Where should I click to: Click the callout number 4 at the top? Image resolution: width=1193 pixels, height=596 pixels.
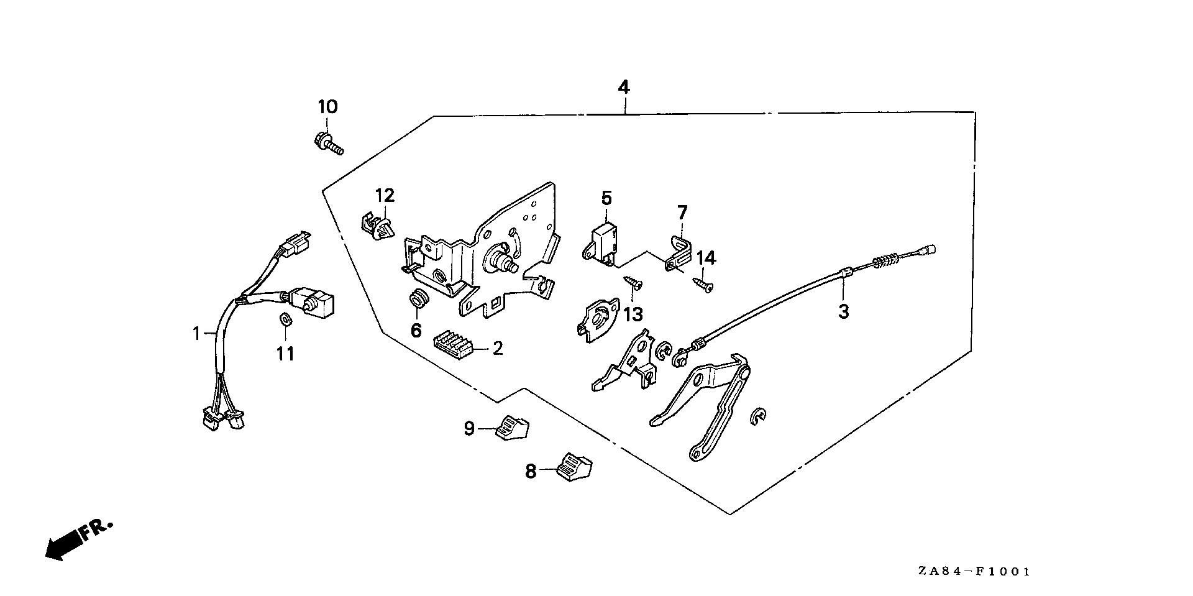[x=623, y=87]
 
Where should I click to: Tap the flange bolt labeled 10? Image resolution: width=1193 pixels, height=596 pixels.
[x=327, y=143]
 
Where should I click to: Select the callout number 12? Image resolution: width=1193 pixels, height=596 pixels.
[x=385, y=196]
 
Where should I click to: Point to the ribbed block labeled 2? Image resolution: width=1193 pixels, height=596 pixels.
[x=452, y=343]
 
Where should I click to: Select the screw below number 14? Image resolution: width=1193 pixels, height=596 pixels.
[x=704, y=284]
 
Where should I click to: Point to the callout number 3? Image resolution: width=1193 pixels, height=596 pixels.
[x=843, y=311]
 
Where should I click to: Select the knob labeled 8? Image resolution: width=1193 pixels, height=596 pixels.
[x=575, y=466]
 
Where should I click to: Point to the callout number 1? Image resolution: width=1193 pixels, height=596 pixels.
[x=196, y=334]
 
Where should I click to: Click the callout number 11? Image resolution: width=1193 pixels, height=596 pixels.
[x=285, y=354]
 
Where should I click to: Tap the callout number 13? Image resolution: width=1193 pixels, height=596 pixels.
[x=633, y=314]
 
